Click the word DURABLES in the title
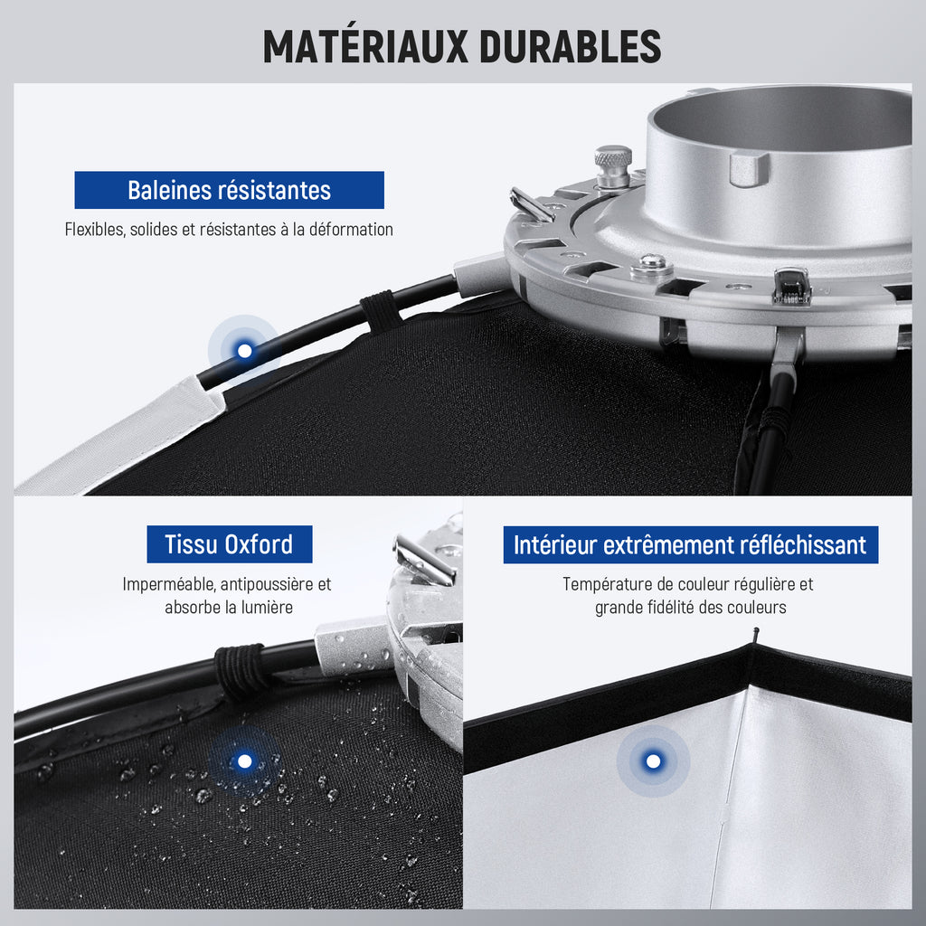[571, 46]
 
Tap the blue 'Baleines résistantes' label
[229, 190]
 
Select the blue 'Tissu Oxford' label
[229, 543]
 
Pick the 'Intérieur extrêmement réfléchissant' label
[690, 544]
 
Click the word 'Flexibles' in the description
[95, 229]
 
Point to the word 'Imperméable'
[168, 584]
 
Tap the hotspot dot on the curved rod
[244, 351]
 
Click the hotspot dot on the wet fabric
[244, 761]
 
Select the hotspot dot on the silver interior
[653, 761]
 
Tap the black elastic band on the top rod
[381, 311]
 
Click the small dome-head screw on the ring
[651, 267]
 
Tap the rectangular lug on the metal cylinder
[749, 167]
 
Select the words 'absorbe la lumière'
[229, 607]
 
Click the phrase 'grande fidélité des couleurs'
[690, 607]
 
